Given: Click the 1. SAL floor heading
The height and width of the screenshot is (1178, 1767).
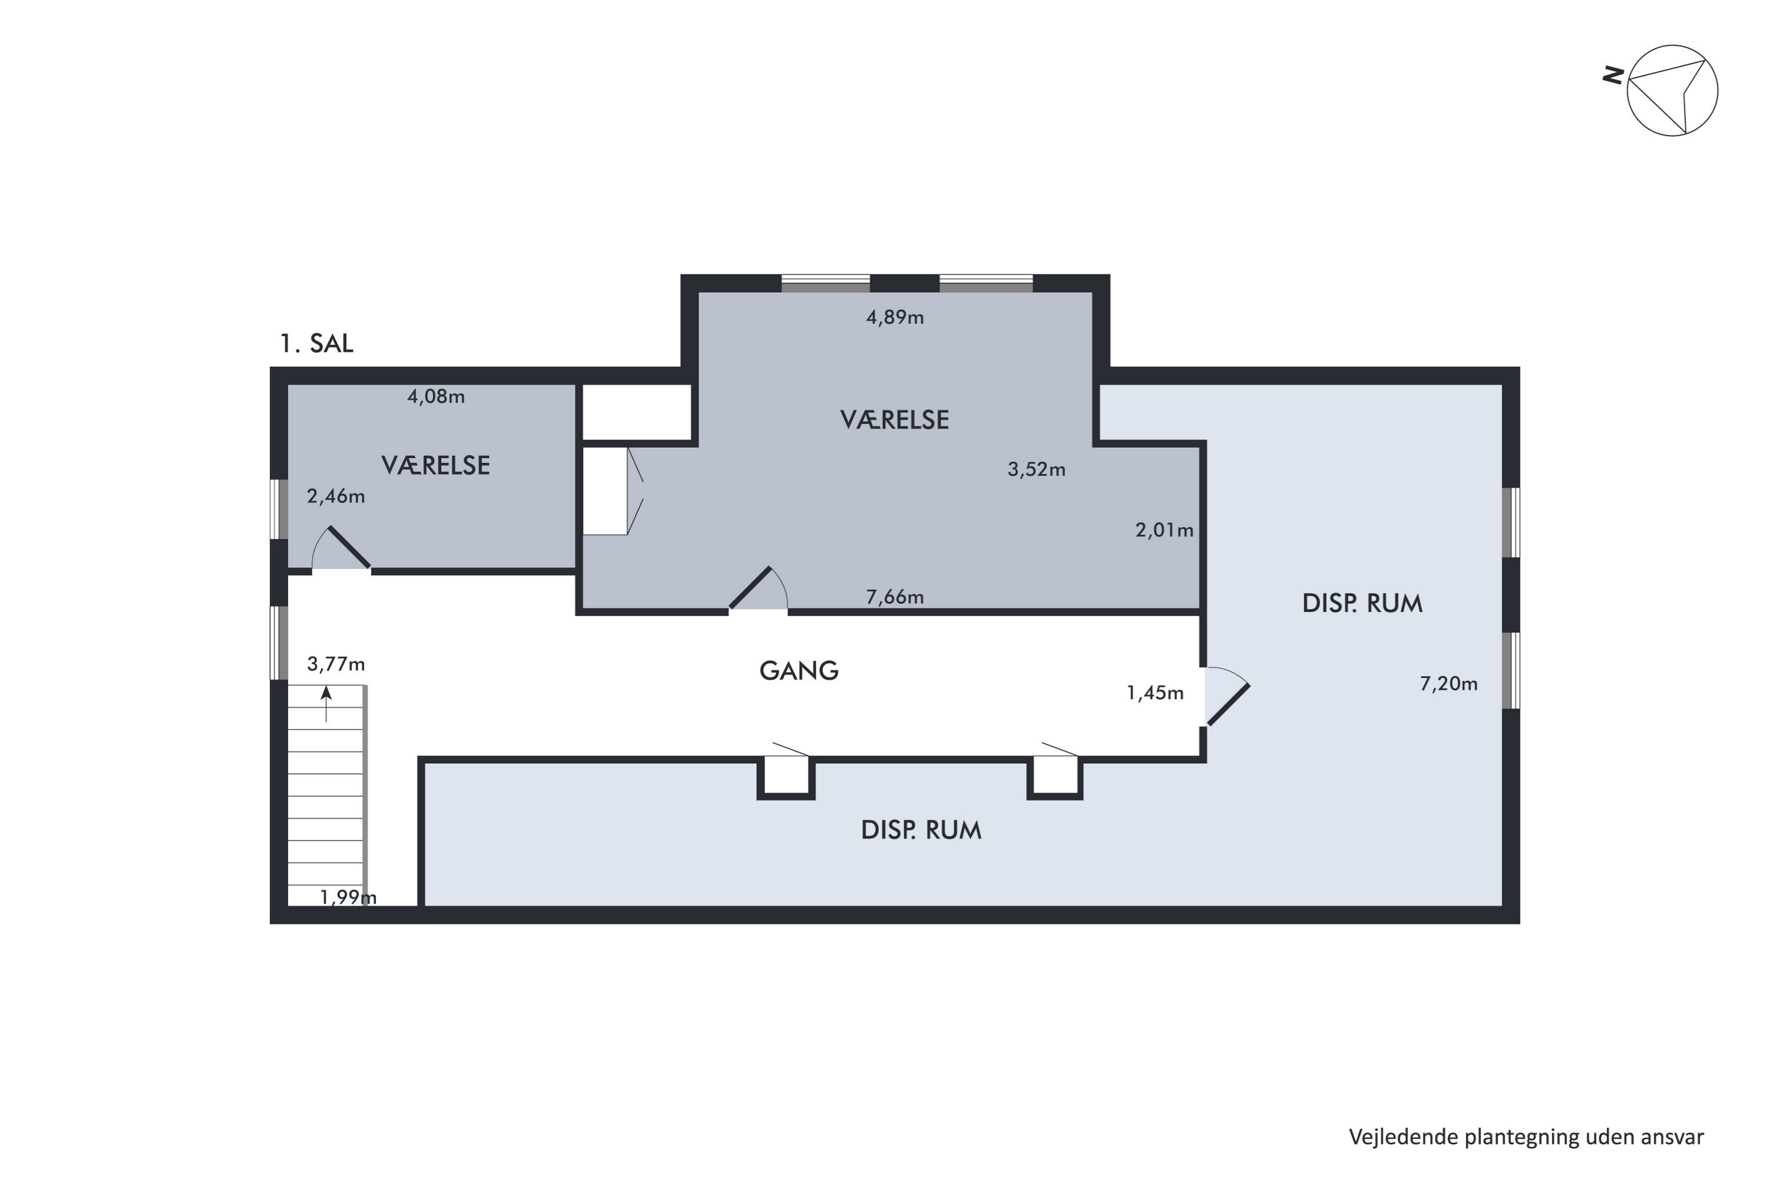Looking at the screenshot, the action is (316, 343).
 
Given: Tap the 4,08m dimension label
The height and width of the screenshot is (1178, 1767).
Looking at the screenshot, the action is (436, 396).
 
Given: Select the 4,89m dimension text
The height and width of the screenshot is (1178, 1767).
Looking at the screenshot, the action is (895, 317).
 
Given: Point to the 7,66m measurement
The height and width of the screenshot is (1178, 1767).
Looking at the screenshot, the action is (895, 597).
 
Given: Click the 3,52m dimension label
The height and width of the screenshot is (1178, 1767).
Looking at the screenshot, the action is (1036, 469).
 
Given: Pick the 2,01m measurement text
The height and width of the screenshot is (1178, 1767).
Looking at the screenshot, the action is (1164, 531).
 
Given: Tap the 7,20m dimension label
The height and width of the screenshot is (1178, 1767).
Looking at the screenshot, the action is (1448, 684).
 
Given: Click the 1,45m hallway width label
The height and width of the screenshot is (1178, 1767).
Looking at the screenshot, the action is (1154, 693).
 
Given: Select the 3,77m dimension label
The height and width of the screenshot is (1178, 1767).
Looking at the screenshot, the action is (336, 664).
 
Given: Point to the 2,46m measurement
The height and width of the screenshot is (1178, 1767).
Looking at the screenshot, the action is (336, 496).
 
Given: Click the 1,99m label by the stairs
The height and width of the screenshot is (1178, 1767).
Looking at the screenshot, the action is (348, 897).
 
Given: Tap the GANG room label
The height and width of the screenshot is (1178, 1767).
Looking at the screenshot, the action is (799, 671).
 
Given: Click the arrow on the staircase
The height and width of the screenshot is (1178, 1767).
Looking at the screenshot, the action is (326, 704).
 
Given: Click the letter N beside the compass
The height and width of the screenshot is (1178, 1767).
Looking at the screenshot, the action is (1613, 75).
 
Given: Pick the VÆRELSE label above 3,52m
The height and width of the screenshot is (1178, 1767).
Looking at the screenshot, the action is (894, 420).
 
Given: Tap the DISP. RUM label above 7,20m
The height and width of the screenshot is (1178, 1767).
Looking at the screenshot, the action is (1362, 603).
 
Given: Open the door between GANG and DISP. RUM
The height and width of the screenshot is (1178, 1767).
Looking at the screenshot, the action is (1227, 696).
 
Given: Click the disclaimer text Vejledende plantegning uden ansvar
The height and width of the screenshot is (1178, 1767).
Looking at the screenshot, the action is (1526, 1137).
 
